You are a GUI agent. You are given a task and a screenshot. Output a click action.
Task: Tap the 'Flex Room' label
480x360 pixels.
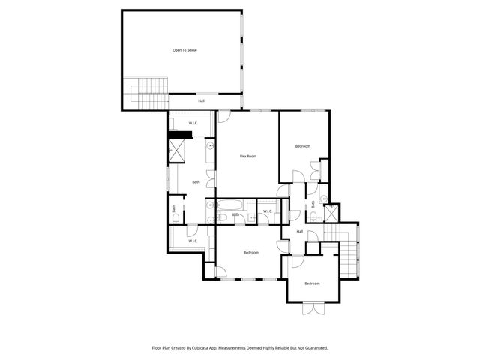(x=248, y=156)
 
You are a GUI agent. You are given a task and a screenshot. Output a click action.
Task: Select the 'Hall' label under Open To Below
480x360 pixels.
(x=201, y=100)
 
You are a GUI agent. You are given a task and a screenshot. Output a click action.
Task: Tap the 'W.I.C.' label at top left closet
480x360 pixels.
(x=193, y=123)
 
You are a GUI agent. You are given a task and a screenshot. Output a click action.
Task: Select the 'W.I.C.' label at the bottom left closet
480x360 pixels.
(x=193, y=241)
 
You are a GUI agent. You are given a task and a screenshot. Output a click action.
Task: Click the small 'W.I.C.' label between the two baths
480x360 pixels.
(x=267, y=211)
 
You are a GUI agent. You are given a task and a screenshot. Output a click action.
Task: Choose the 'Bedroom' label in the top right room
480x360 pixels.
(x=302, y=146)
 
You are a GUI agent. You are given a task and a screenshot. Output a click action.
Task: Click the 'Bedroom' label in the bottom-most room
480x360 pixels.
(x=312, y=283)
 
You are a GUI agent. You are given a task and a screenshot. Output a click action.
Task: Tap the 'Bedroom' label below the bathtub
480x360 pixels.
(x=251, y=253)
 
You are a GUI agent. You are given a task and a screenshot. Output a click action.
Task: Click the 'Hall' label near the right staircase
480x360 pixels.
(x=299, y=231)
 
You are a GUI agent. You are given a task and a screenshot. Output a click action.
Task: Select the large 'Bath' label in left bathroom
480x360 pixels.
(x=196, y=182)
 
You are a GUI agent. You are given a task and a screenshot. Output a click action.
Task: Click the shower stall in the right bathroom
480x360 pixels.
(x=331, y=214)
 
